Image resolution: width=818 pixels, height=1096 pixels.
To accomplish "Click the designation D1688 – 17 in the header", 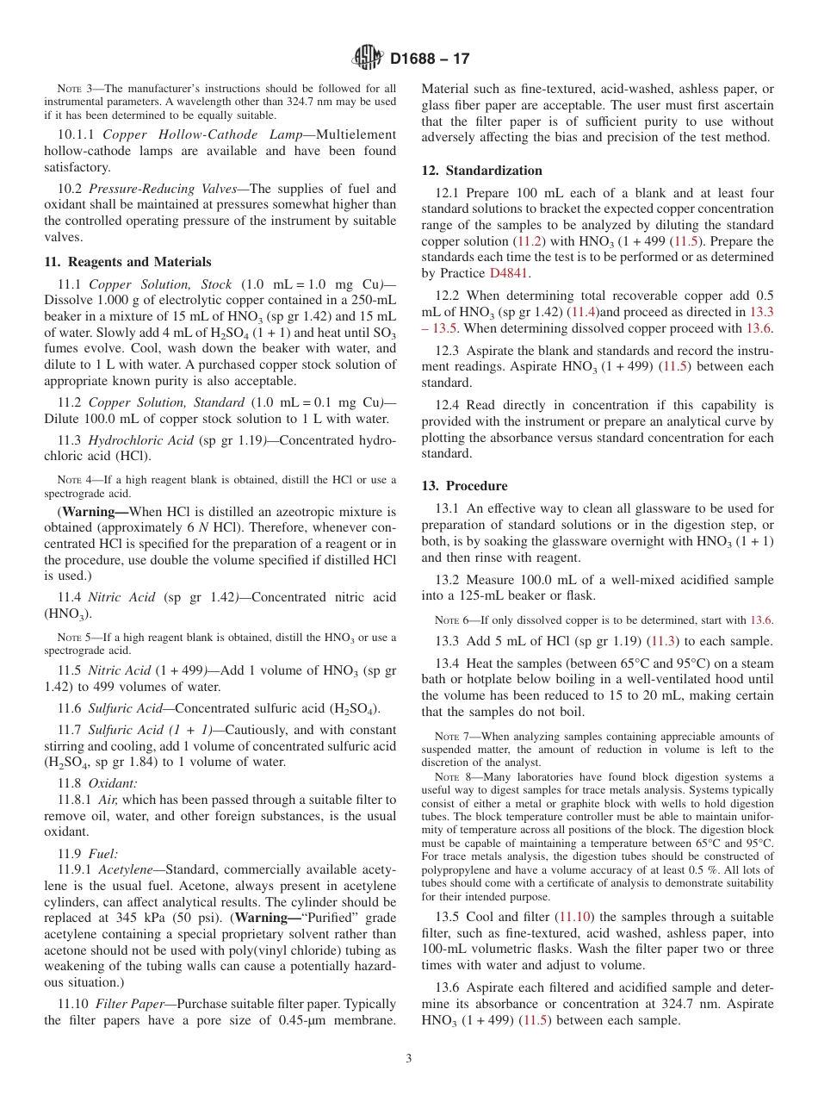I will tap(430, 59).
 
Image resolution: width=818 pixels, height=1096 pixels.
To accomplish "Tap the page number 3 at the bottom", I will tap(409, 1058).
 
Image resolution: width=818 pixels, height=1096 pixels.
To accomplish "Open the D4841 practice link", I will tap(510, 273).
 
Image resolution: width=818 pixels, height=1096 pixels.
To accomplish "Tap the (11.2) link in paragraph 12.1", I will tap(528, 241).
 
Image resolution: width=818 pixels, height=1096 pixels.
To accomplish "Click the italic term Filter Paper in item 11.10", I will tap(128, 1004).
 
